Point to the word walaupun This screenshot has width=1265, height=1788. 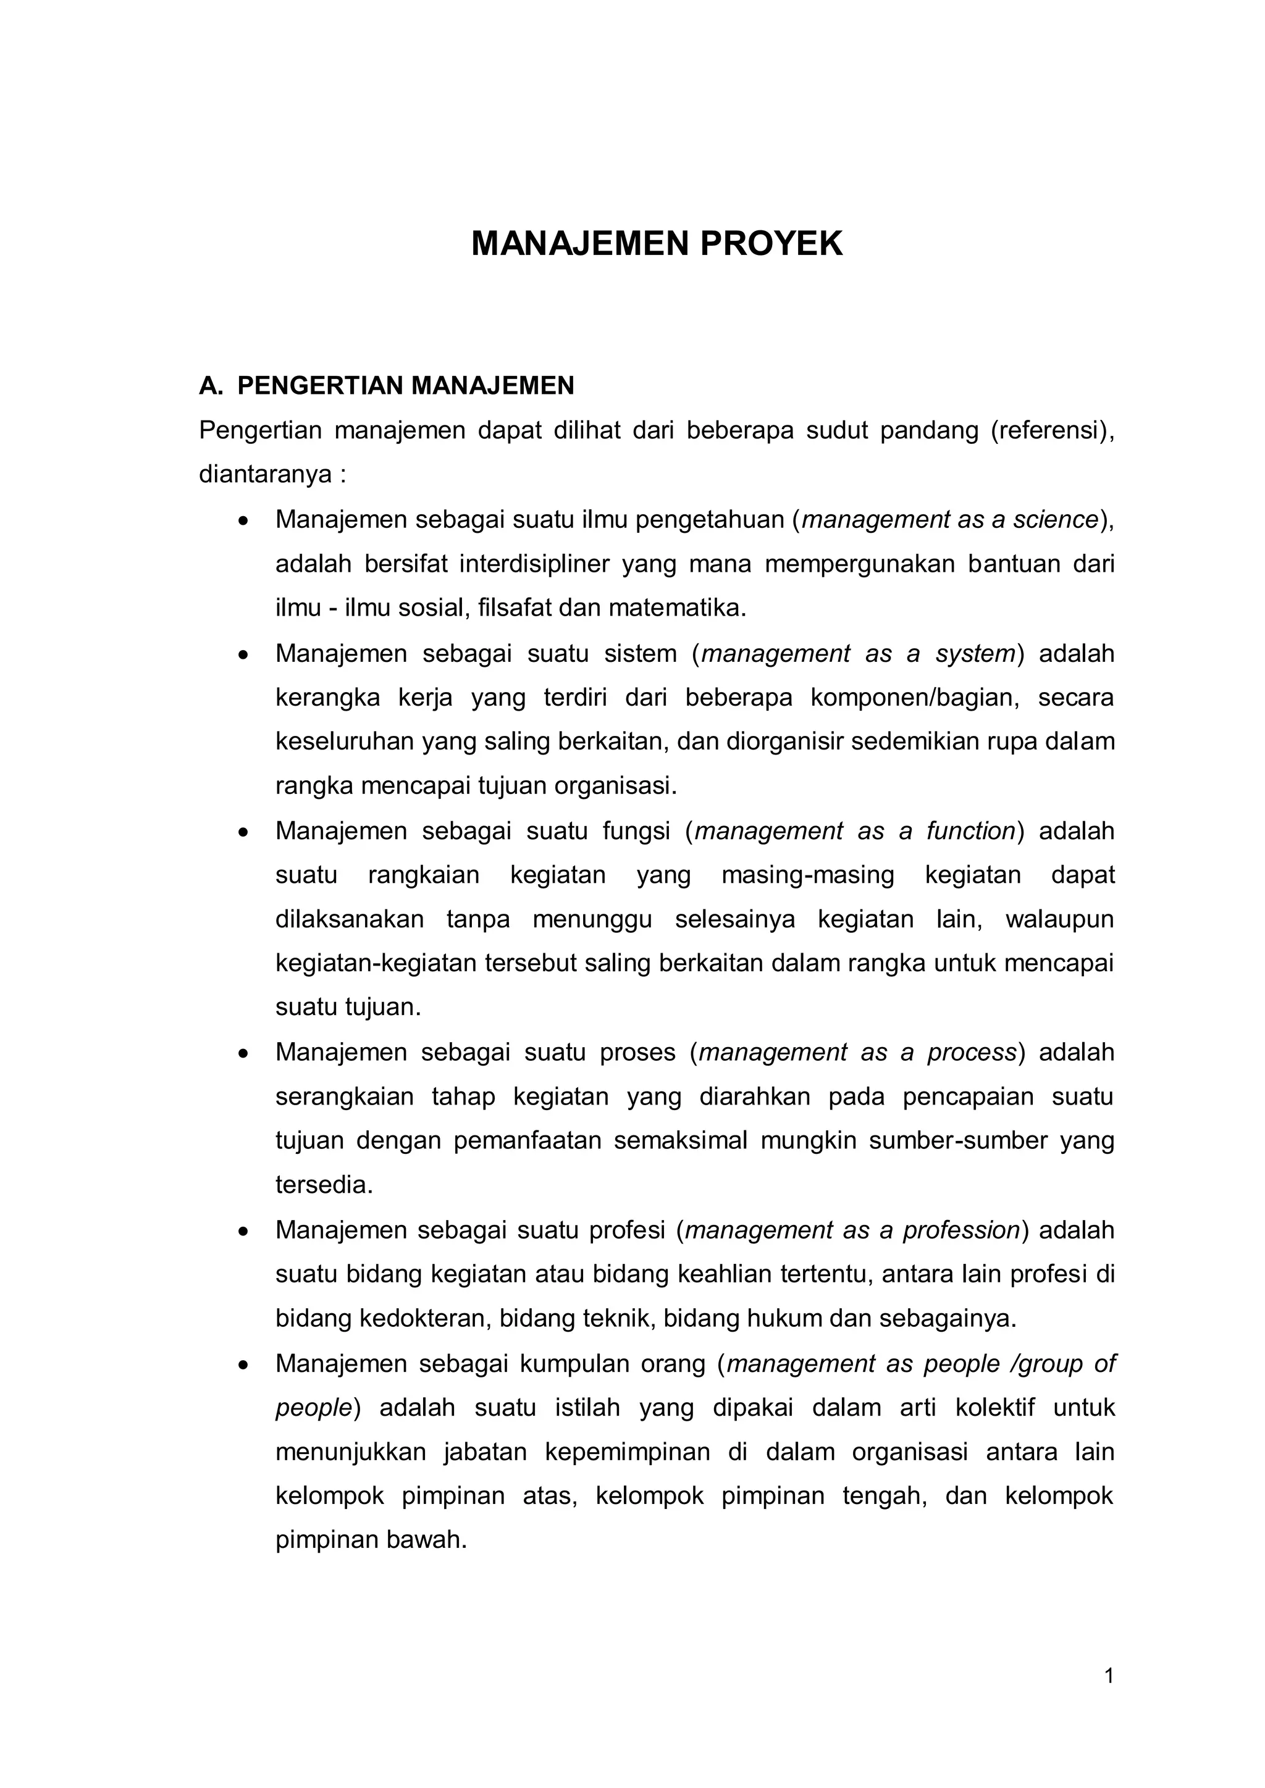[1059, 920]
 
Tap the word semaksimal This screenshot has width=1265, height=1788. [680, 1141]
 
